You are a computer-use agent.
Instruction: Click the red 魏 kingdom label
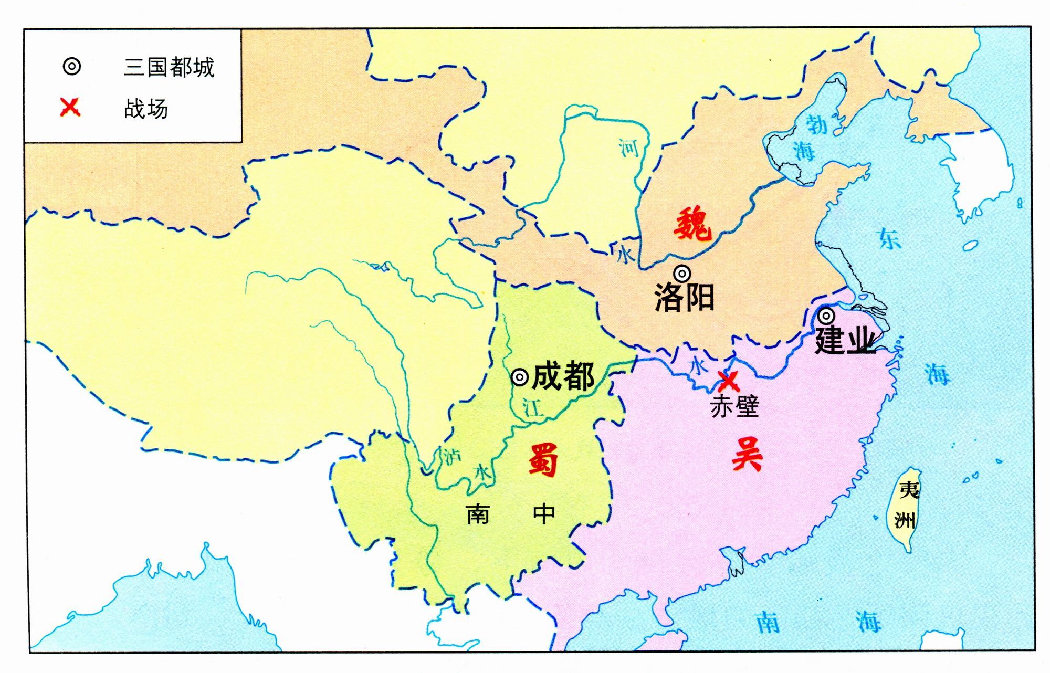pyautogui.click(x=693, y=224)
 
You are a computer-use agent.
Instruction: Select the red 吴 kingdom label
pyautogui.click(x=747, y=454)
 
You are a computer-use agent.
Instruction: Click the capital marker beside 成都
pyautogui.click(x=519, y=377)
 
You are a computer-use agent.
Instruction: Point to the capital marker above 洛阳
pyautogui.click(x=682, y=273)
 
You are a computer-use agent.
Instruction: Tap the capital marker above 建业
pyautogui.click(x=826, y=316)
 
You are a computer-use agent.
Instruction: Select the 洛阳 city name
pyautogui.click(x=685, y=298)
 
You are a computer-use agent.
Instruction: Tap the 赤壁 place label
pyautogui.click(x=734, y=406)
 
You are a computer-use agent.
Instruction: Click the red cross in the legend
pyautogui.click(x=70, y=108)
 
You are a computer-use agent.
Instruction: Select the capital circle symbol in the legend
pyautogui.click(x=72, y=67)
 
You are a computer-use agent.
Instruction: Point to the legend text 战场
pyautogui.click(x=146, y=109)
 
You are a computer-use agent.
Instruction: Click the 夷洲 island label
pyautogui.click(x=907, y=505)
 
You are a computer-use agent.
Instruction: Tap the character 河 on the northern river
pyautogui.click(x=628, y=148)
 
